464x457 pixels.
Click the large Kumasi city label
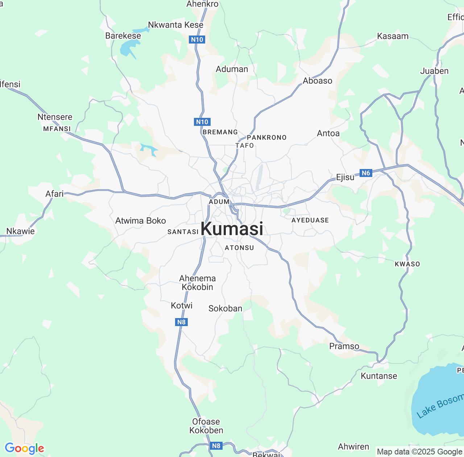pos(232,229)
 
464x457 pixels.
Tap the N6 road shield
pos(366,173)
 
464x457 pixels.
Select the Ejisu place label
pos(345,177)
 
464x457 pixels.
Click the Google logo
pos(24,448)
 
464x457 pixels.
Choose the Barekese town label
pos(123,36)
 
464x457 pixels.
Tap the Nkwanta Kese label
pos(176,25)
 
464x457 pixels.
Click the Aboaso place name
pos(318,81)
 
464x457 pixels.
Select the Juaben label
pos(434,71)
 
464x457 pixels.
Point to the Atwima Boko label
pos(141,221)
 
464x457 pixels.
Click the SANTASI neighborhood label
pos(183,232)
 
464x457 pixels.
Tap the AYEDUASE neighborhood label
pos(310,220)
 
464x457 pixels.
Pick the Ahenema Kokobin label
pos(198,283)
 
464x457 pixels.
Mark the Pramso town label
pos(344,346)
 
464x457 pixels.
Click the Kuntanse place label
pos(379,376)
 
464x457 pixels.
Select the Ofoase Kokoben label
pos(206,426)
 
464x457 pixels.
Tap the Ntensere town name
pos(55,117)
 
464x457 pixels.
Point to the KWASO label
pos(407,264)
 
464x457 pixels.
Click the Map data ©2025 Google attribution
pos(419,452)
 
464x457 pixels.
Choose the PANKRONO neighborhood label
pos(266,137)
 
